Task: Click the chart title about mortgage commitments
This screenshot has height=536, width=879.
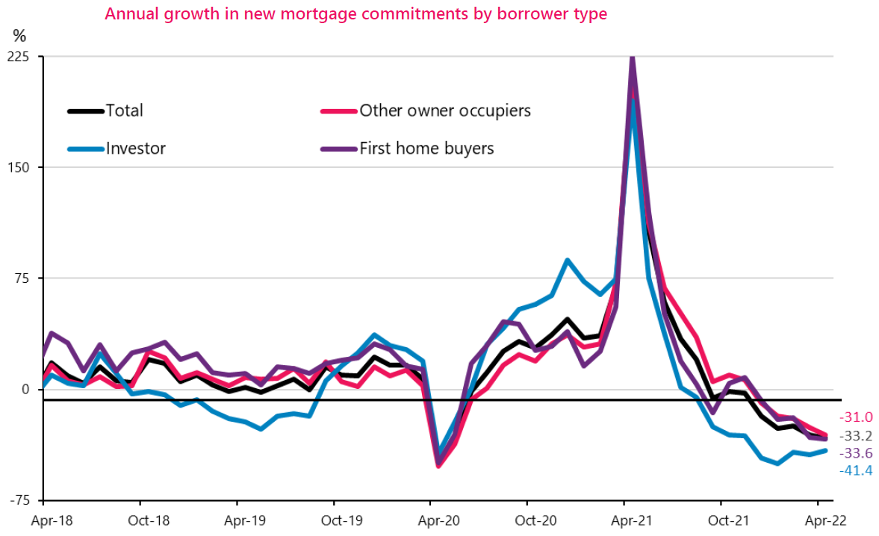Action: click(x=355, y=14)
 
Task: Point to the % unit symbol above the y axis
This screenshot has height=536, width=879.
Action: click(x=19, y=35)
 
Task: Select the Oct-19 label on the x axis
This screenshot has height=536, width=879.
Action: click(x=333, y=520)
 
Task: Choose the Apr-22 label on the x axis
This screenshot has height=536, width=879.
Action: click(x=819, y=520)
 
